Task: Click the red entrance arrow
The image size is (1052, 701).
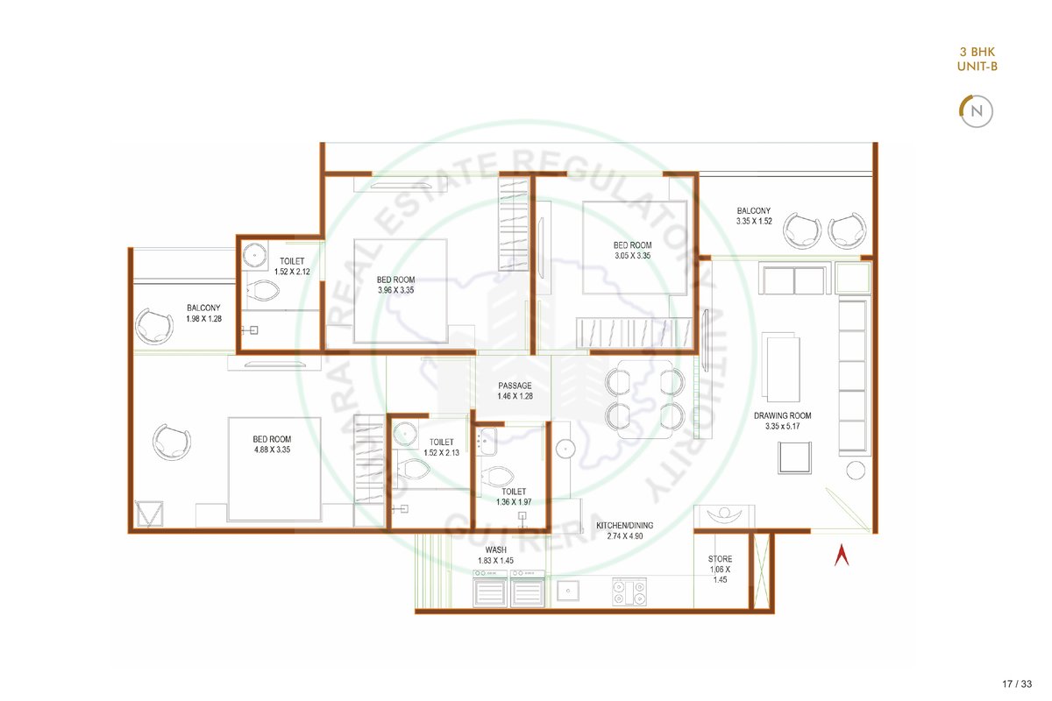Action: [842, 555]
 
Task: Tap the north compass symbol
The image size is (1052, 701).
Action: [976, 111]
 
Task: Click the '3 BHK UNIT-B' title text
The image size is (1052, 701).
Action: [977, 60]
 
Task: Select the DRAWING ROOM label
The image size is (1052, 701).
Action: [782, 415]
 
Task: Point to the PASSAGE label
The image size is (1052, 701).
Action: [515, 386]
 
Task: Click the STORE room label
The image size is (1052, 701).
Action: [720, 559]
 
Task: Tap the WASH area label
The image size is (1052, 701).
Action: [496, 549]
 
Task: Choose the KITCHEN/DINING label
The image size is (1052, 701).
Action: [624, 526]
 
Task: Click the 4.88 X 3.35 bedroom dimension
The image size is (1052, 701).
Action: [273, 450]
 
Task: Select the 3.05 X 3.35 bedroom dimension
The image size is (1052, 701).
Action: [633, 256]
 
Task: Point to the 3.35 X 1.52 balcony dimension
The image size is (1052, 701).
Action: [754, 221]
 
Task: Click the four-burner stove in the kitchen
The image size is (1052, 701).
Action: [629, 591]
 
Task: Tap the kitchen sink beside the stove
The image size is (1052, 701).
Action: [568, 591]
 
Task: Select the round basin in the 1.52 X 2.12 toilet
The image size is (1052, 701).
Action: [255, 255]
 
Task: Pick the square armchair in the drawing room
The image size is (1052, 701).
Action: [794, 457]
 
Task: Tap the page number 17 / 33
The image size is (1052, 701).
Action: [1017, 683]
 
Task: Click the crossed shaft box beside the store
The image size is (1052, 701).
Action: [761, 570]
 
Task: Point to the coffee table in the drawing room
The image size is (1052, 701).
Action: [783, 368]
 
